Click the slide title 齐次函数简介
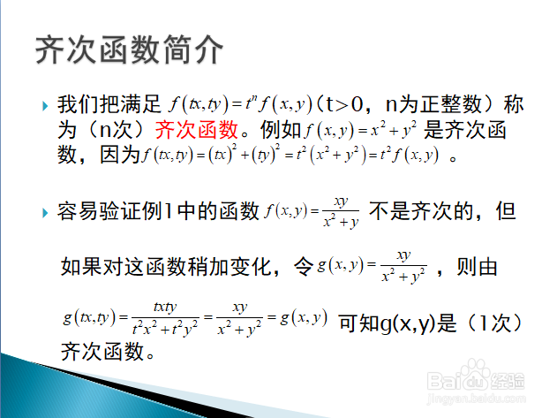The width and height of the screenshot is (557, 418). point(129,49)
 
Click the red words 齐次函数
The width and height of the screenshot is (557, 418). point(197,130)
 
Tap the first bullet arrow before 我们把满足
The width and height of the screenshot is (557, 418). point(45,106)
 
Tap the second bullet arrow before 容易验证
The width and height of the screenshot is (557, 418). point(45,213)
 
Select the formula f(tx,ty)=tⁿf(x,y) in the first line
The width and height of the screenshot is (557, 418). point(241,104)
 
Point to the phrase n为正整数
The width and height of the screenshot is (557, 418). point(433,104)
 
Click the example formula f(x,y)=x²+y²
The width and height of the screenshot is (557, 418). point(360,130)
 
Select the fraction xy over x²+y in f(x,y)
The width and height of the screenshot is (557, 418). point(341,212)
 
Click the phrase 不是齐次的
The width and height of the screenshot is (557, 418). point(421,211)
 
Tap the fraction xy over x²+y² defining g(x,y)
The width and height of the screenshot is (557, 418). point(403,267)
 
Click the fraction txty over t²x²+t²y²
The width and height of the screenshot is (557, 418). point(165,318)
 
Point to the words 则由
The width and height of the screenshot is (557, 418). point(477,267)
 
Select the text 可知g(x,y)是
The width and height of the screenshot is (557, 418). point(398,323)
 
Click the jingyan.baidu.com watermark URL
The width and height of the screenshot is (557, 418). point(477,399)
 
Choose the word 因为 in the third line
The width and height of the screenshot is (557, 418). point(120,155)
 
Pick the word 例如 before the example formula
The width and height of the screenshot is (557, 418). point(281,130)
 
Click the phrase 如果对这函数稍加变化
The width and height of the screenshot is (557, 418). point(166,267)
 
